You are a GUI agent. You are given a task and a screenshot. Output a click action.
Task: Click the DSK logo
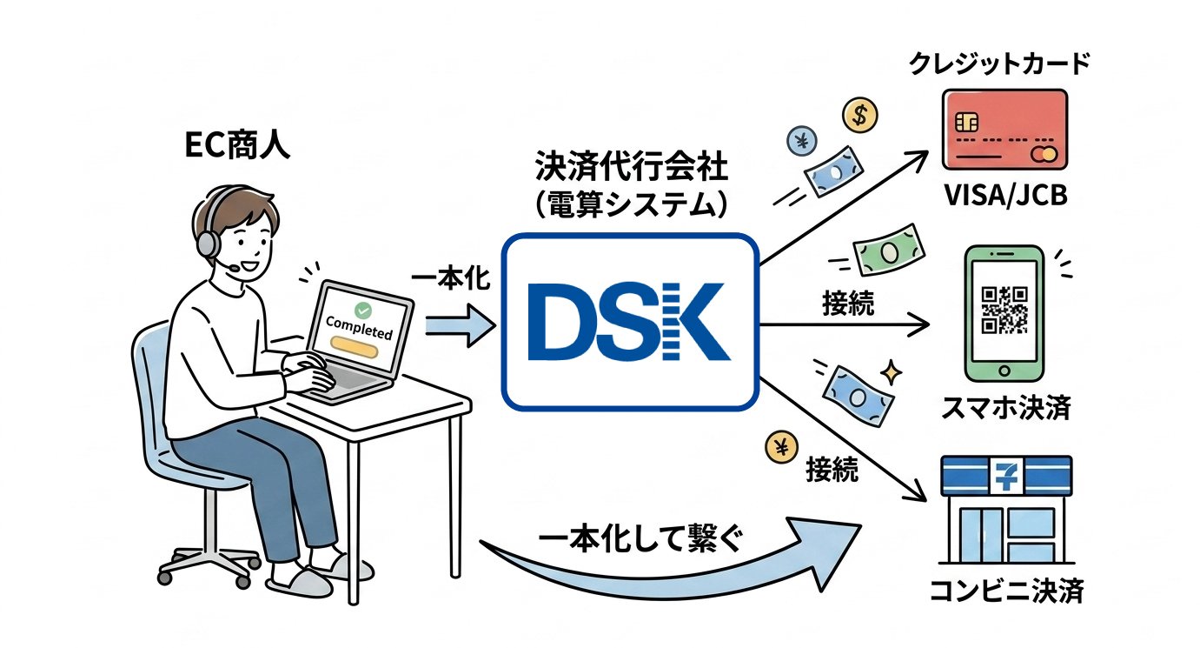pyautogui.click(x=629, y=322)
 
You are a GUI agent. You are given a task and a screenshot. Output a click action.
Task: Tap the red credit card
pyautogui.click(x=1005, y=130)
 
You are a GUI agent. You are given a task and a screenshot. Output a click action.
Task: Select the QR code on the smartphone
pyautogui.click(x=1004, y=310)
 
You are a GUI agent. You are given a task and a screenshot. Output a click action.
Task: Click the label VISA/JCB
pyautogui.click(x=1005, y=195)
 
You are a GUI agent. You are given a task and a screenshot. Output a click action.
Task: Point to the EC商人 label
pyautogui.click(x=237, y=145)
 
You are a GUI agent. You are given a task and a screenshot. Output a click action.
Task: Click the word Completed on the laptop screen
pyautogui.click(x=359, y=327)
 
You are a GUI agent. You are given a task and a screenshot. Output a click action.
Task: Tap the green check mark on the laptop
pyautogui.click(x=362, y=310)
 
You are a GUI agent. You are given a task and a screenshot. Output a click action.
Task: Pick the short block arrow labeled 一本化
pyautogui.click(x=461, y=325)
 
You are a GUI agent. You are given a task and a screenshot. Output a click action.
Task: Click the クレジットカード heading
pyautogui.click(x=999, y=63)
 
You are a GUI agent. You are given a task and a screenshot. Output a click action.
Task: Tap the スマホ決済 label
pyautogui.click(x=1005, y=408)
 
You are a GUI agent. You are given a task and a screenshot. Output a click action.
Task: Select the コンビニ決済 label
pyautogui.click(x=1007, y=591)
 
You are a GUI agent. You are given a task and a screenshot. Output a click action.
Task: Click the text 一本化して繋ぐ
pyautogui.click(x=640, y=538)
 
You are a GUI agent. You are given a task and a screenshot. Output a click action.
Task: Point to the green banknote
pyautogui.click(x=889, y=250)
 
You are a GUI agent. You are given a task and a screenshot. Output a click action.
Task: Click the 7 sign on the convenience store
pyautogui.click(x=1006, y=476)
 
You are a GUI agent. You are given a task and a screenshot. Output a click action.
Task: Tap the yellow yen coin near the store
pyautogui.click(x=781, y=446)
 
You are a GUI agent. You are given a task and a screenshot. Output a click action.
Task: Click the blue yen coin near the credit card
pyautogui.click(x=802, y=141)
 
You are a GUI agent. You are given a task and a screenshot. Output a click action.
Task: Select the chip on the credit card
pyautogui.click(x=967, y=123)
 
